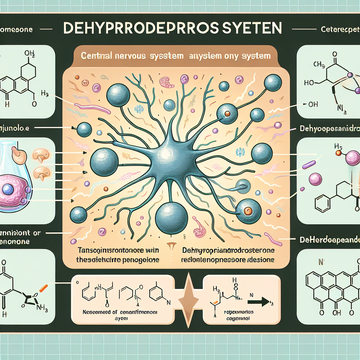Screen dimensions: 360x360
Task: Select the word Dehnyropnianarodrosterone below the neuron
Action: pyautogui.click(x=229, y=250)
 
